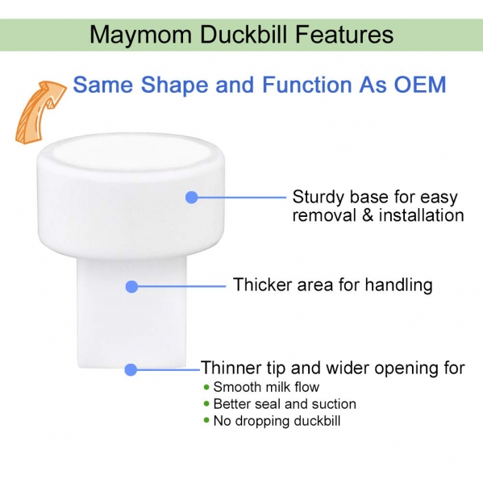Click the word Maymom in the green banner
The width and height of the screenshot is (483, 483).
(141, 35)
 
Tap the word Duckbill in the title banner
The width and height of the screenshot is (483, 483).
(244, 34)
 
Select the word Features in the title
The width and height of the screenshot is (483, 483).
(344, 34)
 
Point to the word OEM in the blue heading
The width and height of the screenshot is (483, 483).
(420, 84)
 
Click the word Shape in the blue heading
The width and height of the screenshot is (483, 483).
(175, 84)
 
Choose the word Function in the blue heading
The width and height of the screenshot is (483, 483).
(306, 84)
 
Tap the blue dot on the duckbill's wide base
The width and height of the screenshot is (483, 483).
(192, 197)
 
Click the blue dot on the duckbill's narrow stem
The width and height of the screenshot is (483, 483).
(132, 286)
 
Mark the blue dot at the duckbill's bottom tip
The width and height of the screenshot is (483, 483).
(131, 369)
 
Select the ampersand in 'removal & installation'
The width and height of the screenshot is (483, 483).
(368, 215)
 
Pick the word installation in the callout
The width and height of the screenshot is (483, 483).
(422, 214)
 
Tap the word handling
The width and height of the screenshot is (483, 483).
(398, 285)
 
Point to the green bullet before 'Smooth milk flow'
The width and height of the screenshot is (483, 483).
(206, 387)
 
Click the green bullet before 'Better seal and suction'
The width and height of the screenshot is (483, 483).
(206, 404)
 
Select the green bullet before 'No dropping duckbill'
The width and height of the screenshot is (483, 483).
(206, 420)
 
